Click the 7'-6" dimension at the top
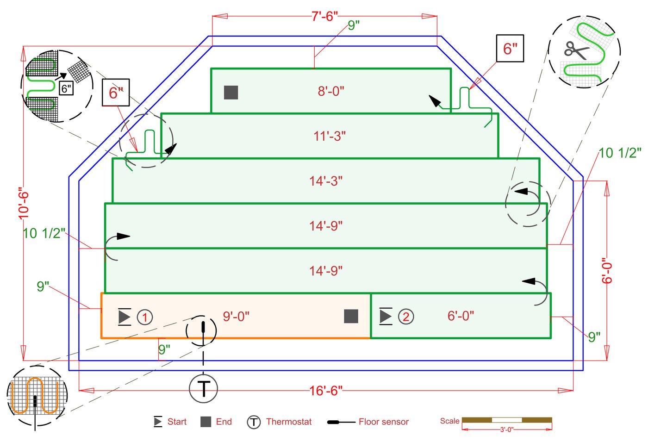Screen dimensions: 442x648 324,16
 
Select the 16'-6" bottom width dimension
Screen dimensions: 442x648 326,391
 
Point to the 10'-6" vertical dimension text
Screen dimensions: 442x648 24,203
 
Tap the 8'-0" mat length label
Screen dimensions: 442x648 331,91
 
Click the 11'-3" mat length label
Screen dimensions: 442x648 330,136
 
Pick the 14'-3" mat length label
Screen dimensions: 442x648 326,181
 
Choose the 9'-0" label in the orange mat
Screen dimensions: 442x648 236,316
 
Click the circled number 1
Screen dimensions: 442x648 145,317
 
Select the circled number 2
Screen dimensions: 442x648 406,317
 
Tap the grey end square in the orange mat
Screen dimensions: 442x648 351,316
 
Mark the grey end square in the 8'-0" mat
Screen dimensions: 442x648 231,93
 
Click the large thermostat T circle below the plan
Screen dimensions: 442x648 203,388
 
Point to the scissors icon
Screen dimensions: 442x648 576,50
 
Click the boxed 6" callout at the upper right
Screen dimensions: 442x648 510,48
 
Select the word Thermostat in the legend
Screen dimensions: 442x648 289,422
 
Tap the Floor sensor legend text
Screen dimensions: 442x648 383,422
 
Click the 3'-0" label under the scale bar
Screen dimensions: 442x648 506,430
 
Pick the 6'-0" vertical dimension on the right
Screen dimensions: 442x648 607,270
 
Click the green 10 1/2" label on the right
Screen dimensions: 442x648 620,153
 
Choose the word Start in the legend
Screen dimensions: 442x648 177,422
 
